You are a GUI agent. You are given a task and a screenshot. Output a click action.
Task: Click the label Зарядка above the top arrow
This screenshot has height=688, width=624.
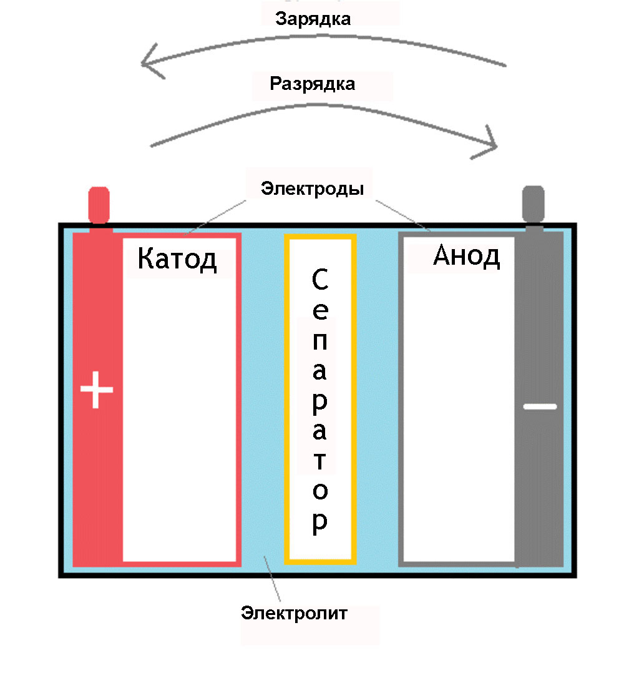(x=313, y=19)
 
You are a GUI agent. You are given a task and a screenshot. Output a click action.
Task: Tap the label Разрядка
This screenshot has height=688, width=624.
(x=312, y=84)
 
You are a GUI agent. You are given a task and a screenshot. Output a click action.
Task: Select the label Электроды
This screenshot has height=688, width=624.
(x=312, y=188)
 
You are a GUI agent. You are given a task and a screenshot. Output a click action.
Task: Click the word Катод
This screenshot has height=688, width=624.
(x=177, y=258)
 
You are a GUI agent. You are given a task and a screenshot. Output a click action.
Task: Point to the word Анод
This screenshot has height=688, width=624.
(x=466, y=256)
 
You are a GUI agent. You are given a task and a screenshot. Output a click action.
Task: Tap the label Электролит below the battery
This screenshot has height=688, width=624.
(x=295, y=612)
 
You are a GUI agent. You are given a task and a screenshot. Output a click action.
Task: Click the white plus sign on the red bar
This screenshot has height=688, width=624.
(x=97, y=390)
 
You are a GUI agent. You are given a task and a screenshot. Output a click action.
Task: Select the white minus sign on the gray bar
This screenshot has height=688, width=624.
(x=539, y=406)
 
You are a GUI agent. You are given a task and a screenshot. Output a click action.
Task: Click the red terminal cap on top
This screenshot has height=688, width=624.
(x=99, y=205)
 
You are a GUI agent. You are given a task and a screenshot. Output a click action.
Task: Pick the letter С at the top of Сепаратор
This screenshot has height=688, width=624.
(x=319, y=282)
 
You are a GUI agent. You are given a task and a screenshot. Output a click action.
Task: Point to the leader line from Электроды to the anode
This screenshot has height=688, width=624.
(x=402, y=215)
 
